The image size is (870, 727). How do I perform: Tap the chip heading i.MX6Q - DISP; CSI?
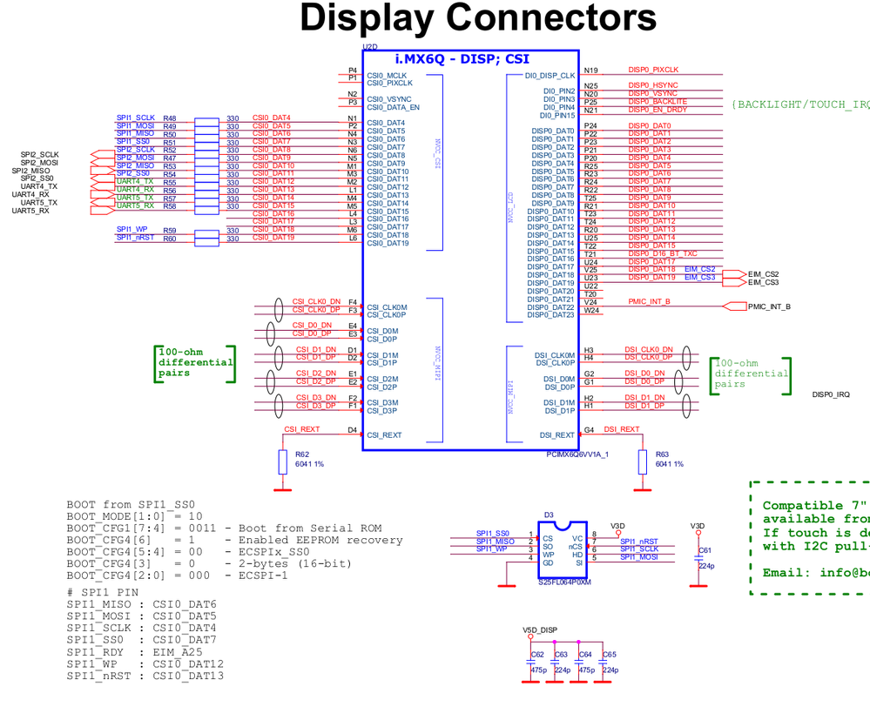pos(462,58)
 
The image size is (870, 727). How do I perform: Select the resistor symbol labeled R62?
pos(282,462)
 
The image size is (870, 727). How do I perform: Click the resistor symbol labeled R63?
pos(643,462)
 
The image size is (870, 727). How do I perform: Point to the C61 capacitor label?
pos(705,550)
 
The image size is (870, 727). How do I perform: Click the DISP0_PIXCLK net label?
pos(653,71)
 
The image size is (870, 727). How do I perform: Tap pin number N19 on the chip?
pos(591,71)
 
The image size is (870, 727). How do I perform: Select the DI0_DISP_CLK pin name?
pos(550,76)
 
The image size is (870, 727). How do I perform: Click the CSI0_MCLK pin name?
pos(387,76)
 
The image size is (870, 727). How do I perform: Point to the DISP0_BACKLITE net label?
pos(658,102)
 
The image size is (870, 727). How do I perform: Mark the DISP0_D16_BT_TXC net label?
pos(663,254)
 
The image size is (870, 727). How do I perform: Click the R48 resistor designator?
pos(169,118)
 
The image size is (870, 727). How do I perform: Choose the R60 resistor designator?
pos(169,239)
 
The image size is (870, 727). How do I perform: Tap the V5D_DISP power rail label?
pos(540,629)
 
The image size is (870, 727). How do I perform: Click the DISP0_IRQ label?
pos(831,395)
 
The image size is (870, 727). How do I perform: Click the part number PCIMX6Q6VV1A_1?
pos(577,454)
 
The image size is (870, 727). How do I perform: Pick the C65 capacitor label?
pos(610,654)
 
